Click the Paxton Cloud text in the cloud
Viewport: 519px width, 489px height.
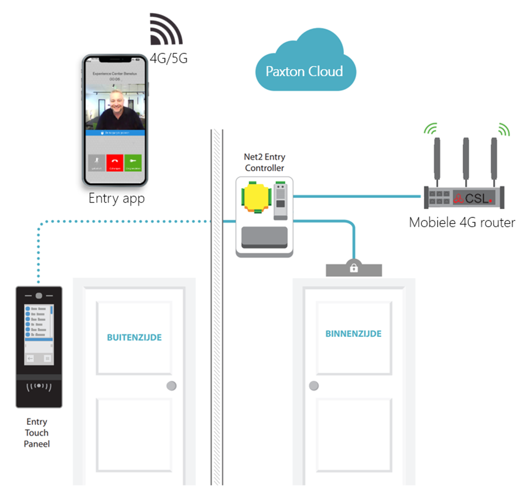coord(304,72)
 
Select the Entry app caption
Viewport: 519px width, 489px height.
coord(116,198)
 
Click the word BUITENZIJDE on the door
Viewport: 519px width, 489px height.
coord(134,337)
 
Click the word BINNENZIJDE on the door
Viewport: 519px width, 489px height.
coord(353,334)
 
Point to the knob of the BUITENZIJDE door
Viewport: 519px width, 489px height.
coord(172,386)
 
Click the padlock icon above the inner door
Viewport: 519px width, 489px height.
coord(354,268)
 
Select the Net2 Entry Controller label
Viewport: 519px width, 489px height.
coord(264,162)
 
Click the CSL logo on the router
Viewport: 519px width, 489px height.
coord(475,197)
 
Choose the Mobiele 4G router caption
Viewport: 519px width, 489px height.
coord(461,223)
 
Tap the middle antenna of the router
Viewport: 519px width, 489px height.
coord(466,159)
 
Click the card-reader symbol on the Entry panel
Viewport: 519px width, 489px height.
coord(39,386)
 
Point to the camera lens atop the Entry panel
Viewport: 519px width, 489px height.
coord(39,295)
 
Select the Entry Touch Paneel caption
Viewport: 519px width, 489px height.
coord(37,433)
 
